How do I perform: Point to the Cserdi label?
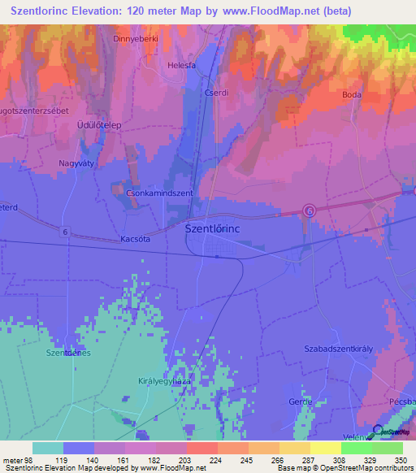(x=216, y=93)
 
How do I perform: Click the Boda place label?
(x=352, y=94)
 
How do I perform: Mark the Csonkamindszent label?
(x=159, y=193)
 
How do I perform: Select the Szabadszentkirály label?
(x=338, y=348)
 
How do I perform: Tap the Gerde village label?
(x=301, y=402)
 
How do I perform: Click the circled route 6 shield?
(x=309, y=210)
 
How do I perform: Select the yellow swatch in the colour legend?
(x=325, y=448)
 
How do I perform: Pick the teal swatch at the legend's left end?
(x=48, y=448)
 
